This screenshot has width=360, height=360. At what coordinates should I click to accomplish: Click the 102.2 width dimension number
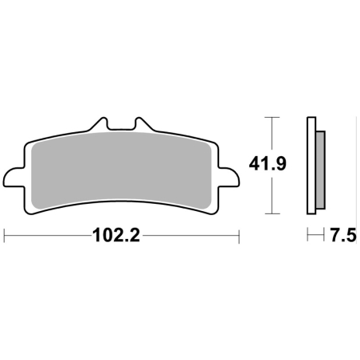pyautogui.click(x=115, y=235)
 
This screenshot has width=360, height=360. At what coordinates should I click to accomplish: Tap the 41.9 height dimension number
pyautogui.click(x=268, y=164)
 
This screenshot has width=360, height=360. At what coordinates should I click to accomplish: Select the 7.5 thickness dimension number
pyautogui.click(x=343, y=235)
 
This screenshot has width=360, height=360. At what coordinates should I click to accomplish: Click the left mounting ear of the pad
pyautogui.click(x=14, y=178)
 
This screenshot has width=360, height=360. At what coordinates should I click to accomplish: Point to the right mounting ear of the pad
pyautogui.click(x=229, y=178)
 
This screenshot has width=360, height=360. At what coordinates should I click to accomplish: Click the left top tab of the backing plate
pyautogui.click(x=99, y=124)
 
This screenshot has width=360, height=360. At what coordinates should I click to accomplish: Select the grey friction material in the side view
pyautogui.click(x=320, y=170)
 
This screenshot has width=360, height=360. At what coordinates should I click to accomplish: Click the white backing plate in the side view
pyautogui.click(x=311, y=166)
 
